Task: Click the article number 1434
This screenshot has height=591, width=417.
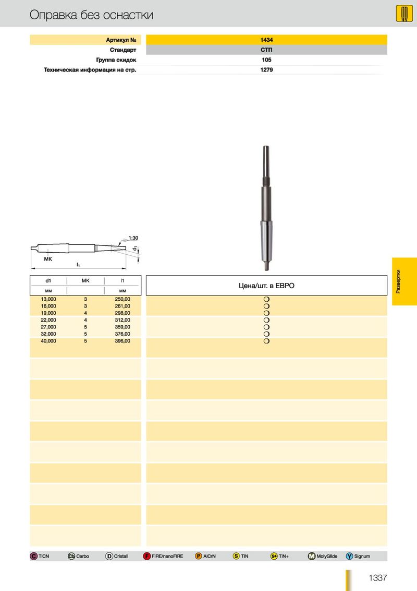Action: [x=266, y=40]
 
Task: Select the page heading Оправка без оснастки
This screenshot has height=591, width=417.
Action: [x=91, y=15]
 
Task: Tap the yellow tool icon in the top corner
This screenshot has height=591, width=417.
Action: [x=404, y=14]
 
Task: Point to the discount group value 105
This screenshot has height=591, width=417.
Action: [x=266, y=60]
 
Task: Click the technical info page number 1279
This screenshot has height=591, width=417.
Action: [x=266, y=70]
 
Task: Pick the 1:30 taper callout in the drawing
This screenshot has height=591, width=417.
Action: [x=133, y=238]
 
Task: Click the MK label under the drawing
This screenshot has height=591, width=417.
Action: [x=48, y=259]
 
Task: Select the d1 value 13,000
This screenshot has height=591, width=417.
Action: [x=48, y=299]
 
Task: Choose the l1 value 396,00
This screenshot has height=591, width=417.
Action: [x=122, y=341]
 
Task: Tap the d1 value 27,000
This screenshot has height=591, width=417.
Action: [x=48, y=327]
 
